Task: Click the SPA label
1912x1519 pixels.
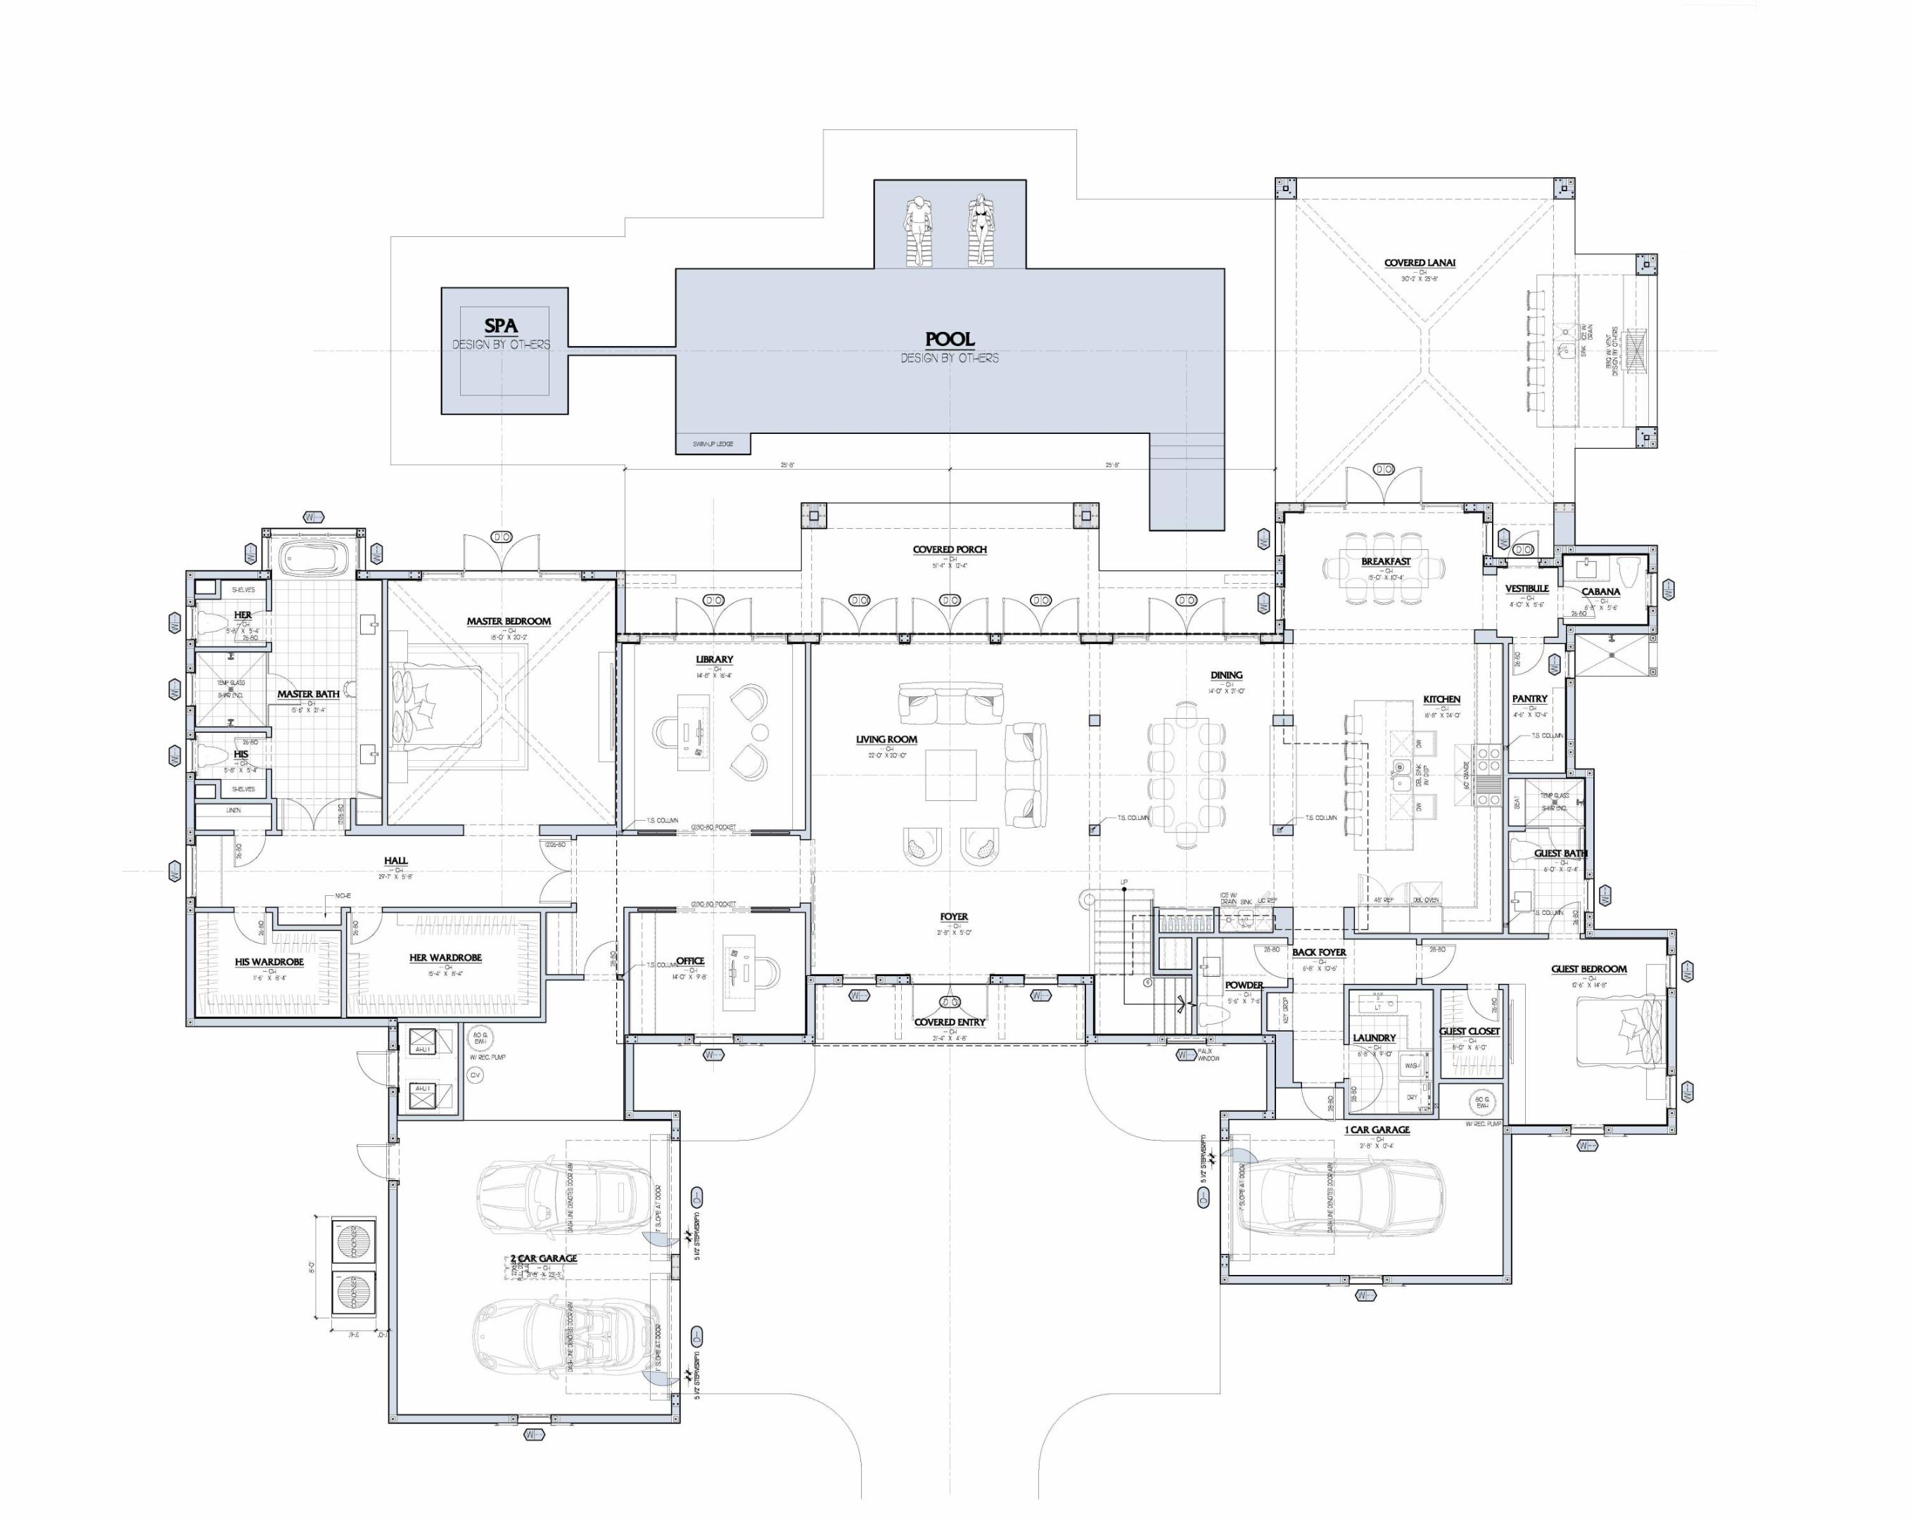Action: [501, 326]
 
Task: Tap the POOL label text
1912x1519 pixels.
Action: [950, 339]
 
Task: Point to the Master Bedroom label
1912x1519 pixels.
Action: [509, 622]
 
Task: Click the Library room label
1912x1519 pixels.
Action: [714, 660]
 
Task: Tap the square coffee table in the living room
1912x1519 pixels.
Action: [950, 775]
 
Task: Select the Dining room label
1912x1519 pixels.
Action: [1227, 676]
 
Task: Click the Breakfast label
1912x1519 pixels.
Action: [1386, 562]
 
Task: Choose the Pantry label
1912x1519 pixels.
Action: [1530, 700]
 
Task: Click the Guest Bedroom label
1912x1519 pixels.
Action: [1589, 969]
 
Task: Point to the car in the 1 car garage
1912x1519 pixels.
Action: [1340, 1210]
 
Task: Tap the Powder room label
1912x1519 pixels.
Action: [1244, 985]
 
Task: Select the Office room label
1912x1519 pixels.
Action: [691, 961]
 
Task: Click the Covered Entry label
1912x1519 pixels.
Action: [950, 1023]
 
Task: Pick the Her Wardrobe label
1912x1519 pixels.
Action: [445, 959]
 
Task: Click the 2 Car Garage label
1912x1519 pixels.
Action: [544, 1258]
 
